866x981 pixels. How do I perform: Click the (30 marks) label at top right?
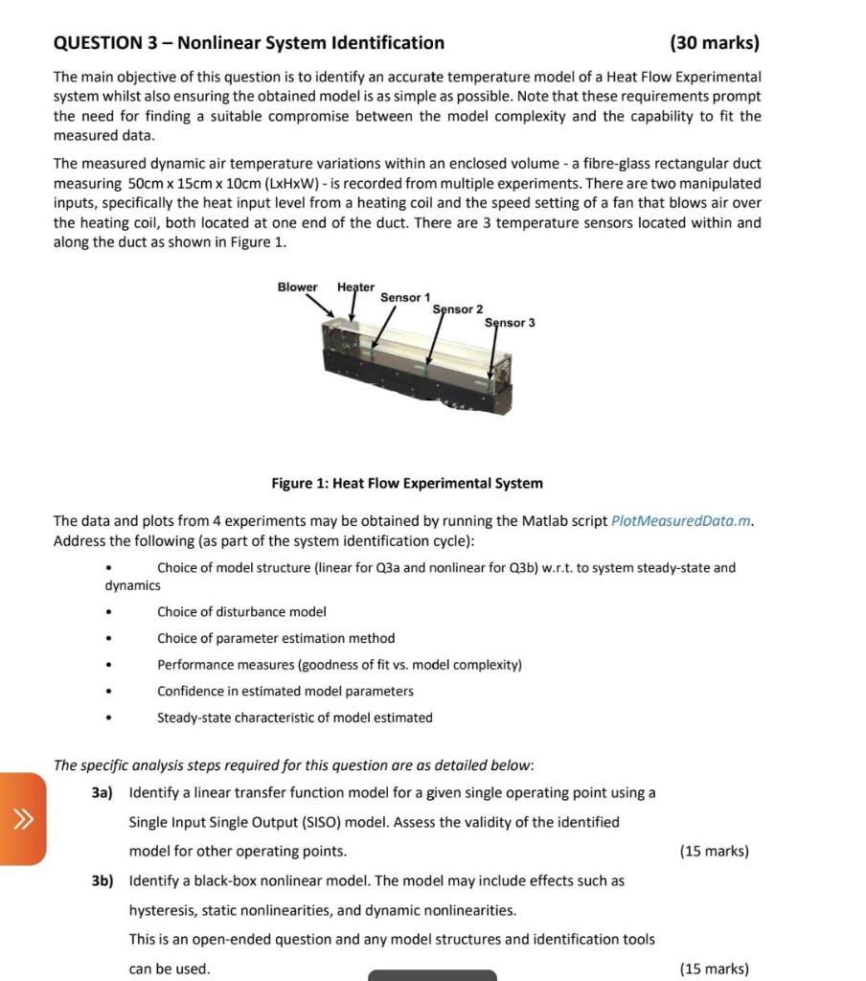click(x=715, y=43)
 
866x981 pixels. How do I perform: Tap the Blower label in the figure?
click(x=297, y=287)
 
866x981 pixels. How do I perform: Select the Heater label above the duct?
click(x=355, y=287)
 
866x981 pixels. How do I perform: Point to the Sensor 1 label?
click(x=405, y=298)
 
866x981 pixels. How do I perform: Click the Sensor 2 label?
click(x=458, y=309)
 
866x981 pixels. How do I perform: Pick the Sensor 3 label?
click(x=510, y=323)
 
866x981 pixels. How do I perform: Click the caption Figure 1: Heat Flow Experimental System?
click(x=407, y=484)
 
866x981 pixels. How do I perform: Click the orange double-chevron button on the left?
click(x=22, y=818)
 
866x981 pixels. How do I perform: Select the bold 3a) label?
click(x=103, y=793)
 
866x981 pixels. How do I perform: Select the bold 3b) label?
click(x=103, y=880)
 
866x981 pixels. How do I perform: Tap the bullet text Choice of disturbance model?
click(x=241, y=611)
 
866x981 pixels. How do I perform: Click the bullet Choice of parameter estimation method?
click(x=276, y=638)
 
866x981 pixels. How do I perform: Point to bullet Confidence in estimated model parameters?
click(x=285, y=691)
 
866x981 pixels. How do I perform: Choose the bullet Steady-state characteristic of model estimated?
click(x=295, y=718)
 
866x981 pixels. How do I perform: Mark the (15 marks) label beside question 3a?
click(x=714, y=851)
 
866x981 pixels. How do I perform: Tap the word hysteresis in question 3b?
click(x=160, y=910)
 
